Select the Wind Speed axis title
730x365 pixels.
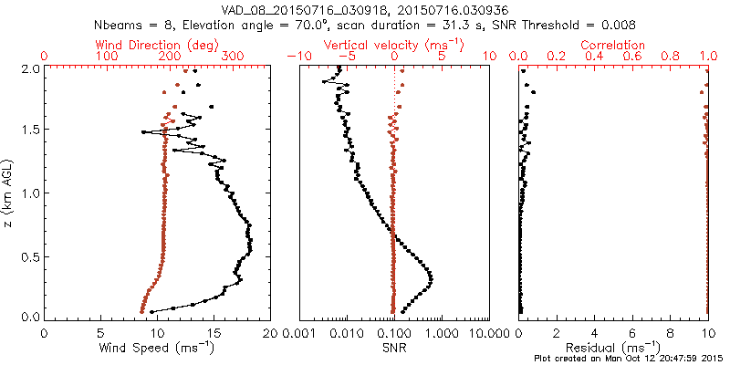point(158,347)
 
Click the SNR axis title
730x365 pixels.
point(394,347)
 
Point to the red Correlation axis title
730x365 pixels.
point(613,44)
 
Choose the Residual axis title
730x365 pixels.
point(613,347)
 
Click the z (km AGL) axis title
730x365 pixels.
point(9,193)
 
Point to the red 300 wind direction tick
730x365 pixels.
point(233,57)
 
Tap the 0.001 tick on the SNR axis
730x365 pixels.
point(300,333)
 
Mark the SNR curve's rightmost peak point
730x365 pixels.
point(431,278)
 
